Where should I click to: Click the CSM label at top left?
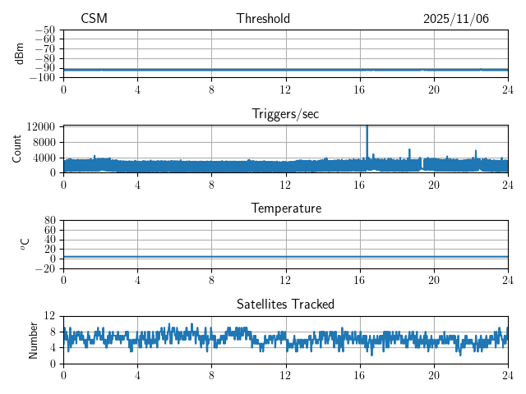[94, 19]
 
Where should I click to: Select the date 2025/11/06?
[456, 19]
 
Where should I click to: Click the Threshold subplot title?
[263, 19]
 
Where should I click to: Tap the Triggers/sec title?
[285, 114]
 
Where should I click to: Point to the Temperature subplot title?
[285, 208]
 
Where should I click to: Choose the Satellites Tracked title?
[285, 304]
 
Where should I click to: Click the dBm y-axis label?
[21, 53]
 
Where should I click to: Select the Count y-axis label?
[17, 149]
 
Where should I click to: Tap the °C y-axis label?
[25, 244]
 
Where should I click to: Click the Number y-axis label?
[34, 339]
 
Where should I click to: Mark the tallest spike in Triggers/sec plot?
[367, 127]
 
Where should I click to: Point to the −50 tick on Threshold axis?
[45, 30]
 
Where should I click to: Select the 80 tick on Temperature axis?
[50, 221]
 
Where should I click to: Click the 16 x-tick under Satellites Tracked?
[360, 374]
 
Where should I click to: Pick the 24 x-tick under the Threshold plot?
[508, 89]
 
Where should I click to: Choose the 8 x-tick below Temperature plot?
[211, 279]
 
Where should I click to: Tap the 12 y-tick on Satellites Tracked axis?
[50, 316]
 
